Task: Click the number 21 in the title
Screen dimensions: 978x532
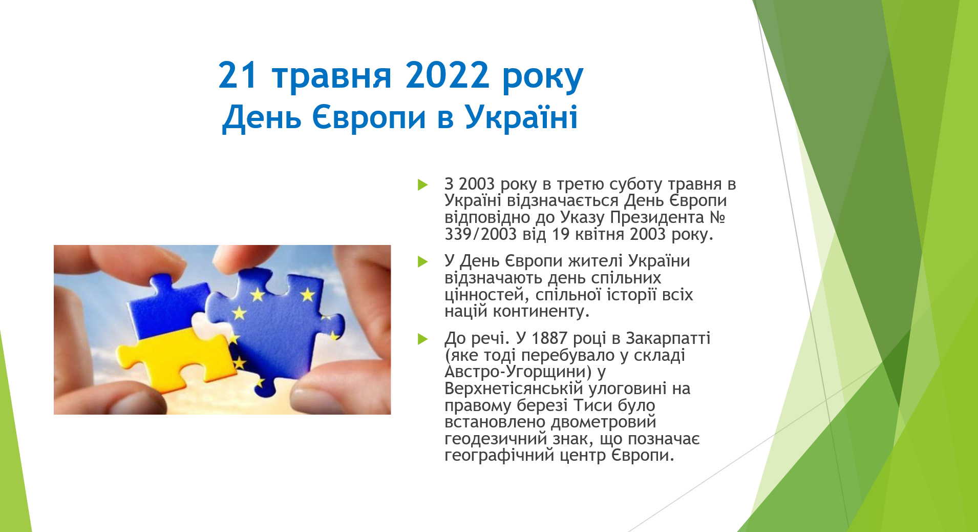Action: pos(237,75)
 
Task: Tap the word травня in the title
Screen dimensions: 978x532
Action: pos(332,77)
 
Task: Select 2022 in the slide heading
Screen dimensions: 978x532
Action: pos(447,75)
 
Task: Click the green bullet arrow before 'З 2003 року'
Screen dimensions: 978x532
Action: pos(422,185)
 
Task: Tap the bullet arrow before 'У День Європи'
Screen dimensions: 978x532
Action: pos(422,262)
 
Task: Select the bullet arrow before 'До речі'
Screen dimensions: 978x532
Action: pos(422,339)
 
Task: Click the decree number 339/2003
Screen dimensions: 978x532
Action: pos(481,234)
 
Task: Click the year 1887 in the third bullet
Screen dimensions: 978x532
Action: pos(549,338)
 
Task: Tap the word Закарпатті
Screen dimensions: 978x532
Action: pos(668,339)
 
